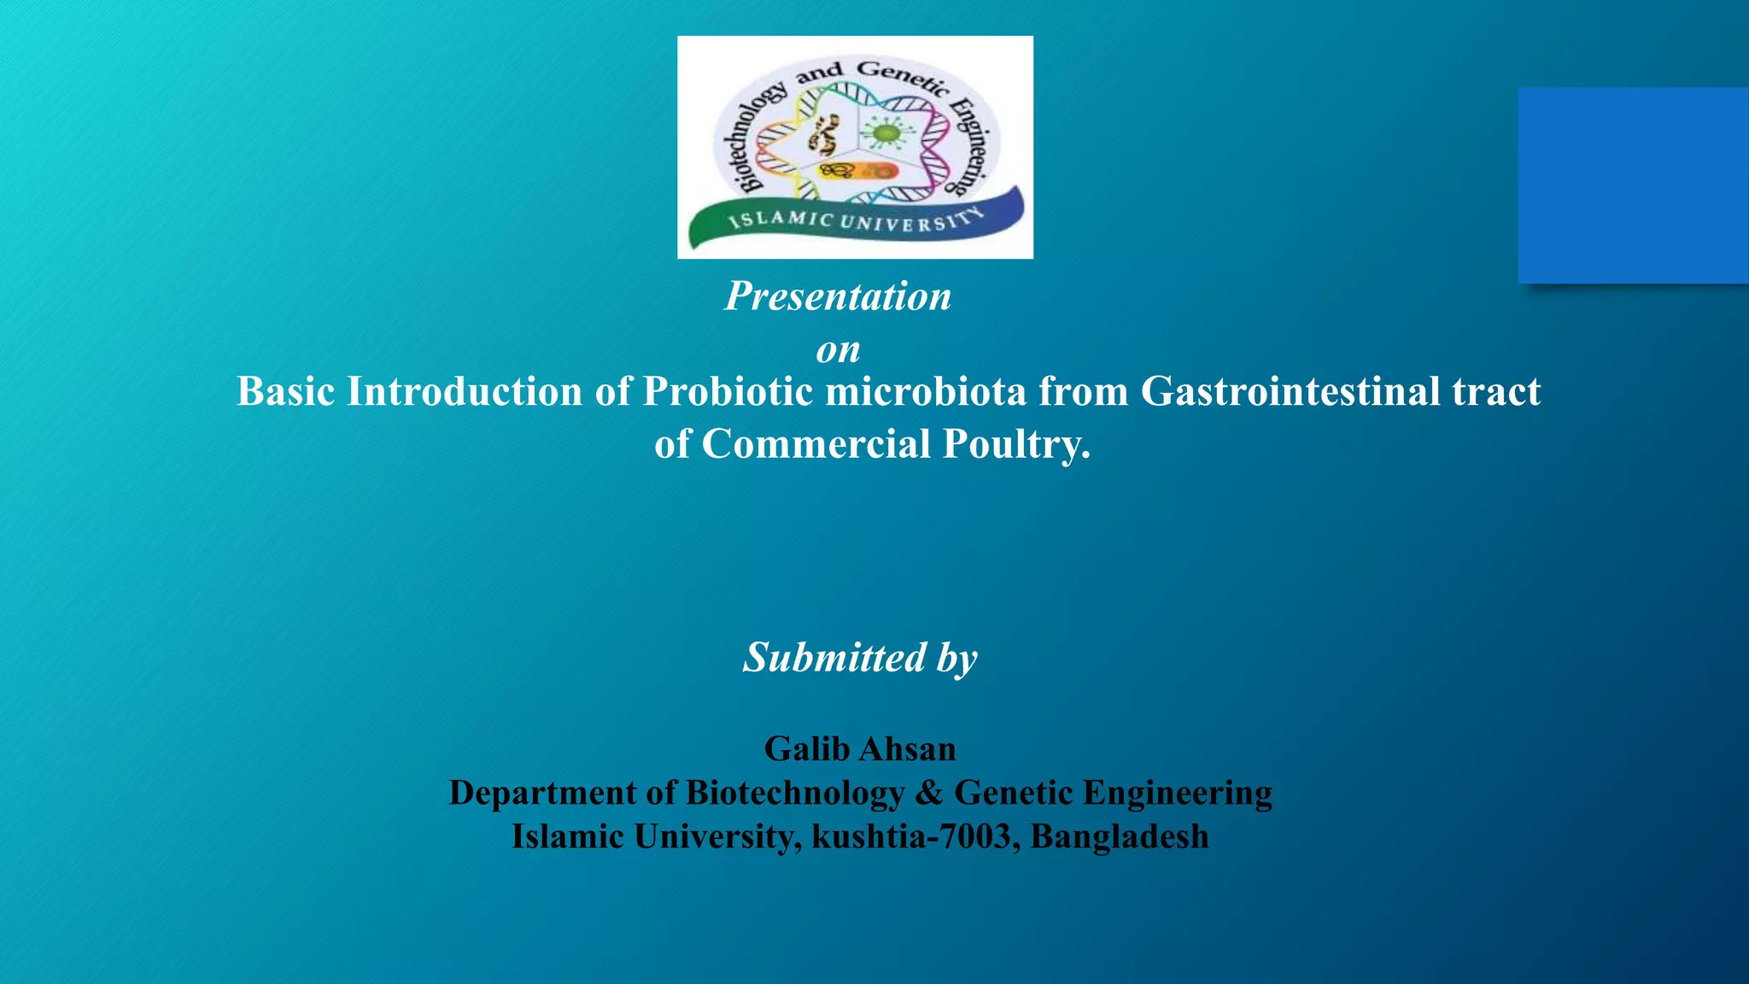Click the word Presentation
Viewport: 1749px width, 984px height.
[838, 297]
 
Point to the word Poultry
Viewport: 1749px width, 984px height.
[1015, 444]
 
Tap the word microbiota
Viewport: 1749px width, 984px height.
[926, 392]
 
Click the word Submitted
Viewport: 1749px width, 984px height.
[834, 658]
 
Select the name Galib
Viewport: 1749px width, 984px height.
[806, 749]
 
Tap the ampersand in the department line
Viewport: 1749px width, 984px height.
[928, 794]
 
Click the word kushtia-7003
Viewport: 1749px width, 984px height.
[911, 837]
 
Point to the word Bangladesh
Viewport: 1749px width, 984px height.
[1119, 837]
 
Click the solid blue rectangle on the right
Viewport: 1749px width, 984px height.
[1633, 184]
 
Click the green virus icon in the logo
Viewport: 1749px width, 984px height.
[886, 133]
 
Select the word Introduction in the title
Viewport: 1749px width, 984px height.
[464, 392]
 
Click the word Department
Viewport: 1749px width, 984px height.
[542, 794]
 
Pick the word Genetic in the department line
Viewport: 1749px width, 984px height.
[1014, 794]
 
